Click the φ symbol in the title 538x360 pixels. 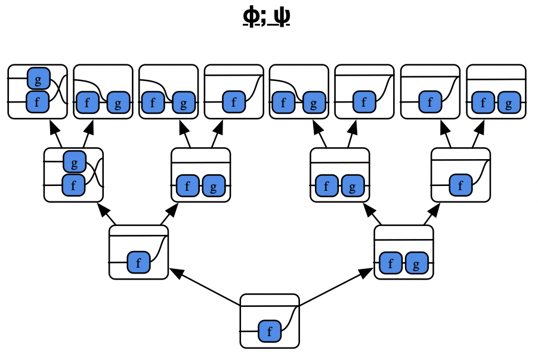pos(251,17)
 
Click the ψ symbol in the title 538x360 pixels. pos(282,17)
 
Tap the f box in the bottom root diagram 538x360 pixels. pos(270,331)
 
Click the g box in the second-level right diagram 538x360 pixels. pos(416,263)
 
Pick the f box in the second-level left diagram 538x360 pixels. pos(138,262)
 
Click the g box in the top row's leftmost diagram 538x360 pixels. pos(38,78)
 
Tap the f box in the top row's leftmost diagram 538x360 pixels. pos(38,103)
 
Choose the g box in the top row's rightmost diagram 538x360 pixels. pos(508,103)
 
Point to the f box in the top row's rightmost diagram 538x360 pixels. pos(484,103)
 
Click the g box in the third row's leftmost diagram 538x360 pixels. pos(74,161)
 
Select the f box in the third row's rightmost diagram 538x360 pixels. pos(460,185)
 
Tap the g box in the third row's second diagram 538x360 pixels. pos(213,186)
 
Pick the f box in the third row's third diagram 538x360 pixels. pos(326,186)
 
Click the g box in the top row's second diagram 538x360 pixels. pos(118,103)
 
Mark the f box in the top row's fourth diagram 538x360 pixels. pos(234,103)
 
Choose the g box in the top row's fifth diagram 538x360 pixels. pos(313,103)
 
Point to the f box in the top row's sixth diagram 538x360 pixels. pos(364,103)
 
